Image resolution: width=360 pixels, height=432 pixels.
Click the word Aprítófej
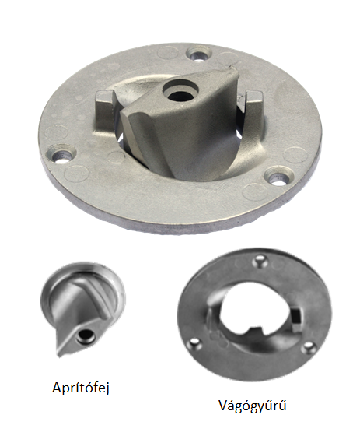pos(81,388)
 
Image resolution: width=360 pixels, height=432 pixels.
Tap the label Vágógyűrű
pos(253,406)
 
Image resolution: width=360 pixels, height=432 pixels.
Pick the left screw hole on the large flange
pos(63,154)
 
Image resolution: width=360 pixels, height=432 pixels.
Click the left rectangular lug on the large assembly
pos(105,111)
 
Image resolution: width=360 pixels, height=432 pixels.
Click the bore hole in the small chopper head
pos(86,336)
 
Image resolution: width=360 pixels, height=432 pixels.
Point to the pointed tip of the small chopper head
pos(58,355)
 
